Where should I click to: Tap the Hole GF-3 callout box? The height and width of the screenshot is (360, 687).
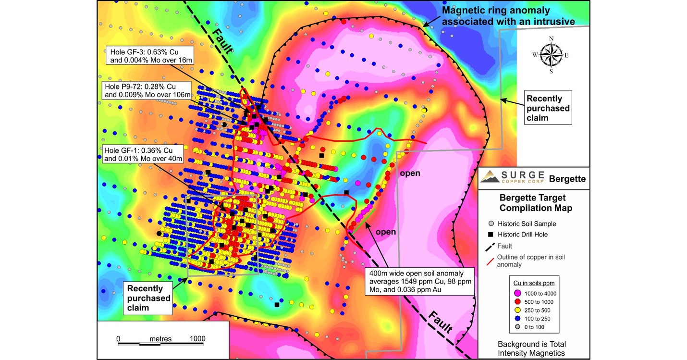(x=150, y=55)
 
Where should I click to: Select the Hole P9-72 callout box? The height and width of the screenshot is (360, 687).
(x=147, y=90)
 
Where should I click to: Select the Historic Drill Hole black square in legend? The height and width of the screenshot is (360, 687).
(x=491, y=235)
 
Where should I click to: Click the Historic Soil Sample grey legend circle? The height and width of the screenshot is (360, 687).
(x=491, y=224)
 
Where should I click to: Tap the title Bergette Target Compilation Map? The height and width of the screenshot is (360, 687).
(x=532, y=203)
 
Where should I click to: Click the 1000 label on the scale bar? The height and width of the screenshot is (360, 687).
(x=197, y=338)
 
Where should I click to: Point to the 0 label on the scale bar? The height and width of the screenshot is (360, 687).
(x=118, y=338)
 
